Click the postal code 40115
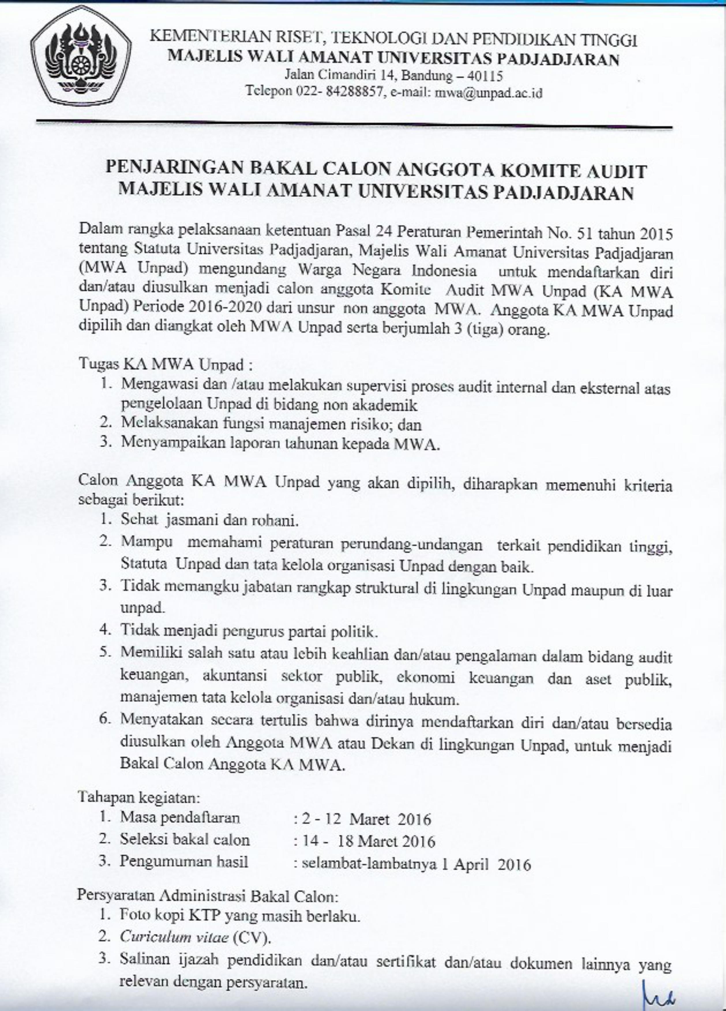[x=486, y=76]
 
